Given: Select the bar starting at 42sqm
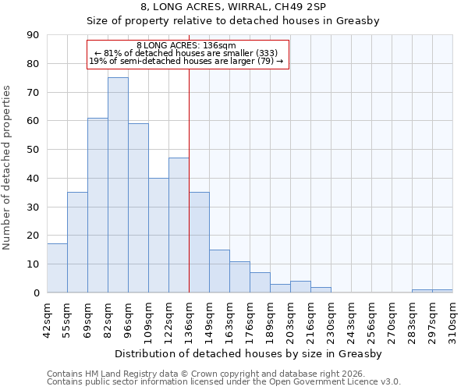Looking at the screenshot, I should [x=57, y=268].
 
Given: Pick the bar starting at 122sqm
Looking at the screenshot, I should [x=179, y=225].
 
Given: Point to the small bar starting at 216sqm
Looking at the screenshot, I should [x=321, y=289].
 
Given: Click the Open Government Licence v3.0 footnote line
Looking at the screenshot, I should [x=223, y=381].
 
